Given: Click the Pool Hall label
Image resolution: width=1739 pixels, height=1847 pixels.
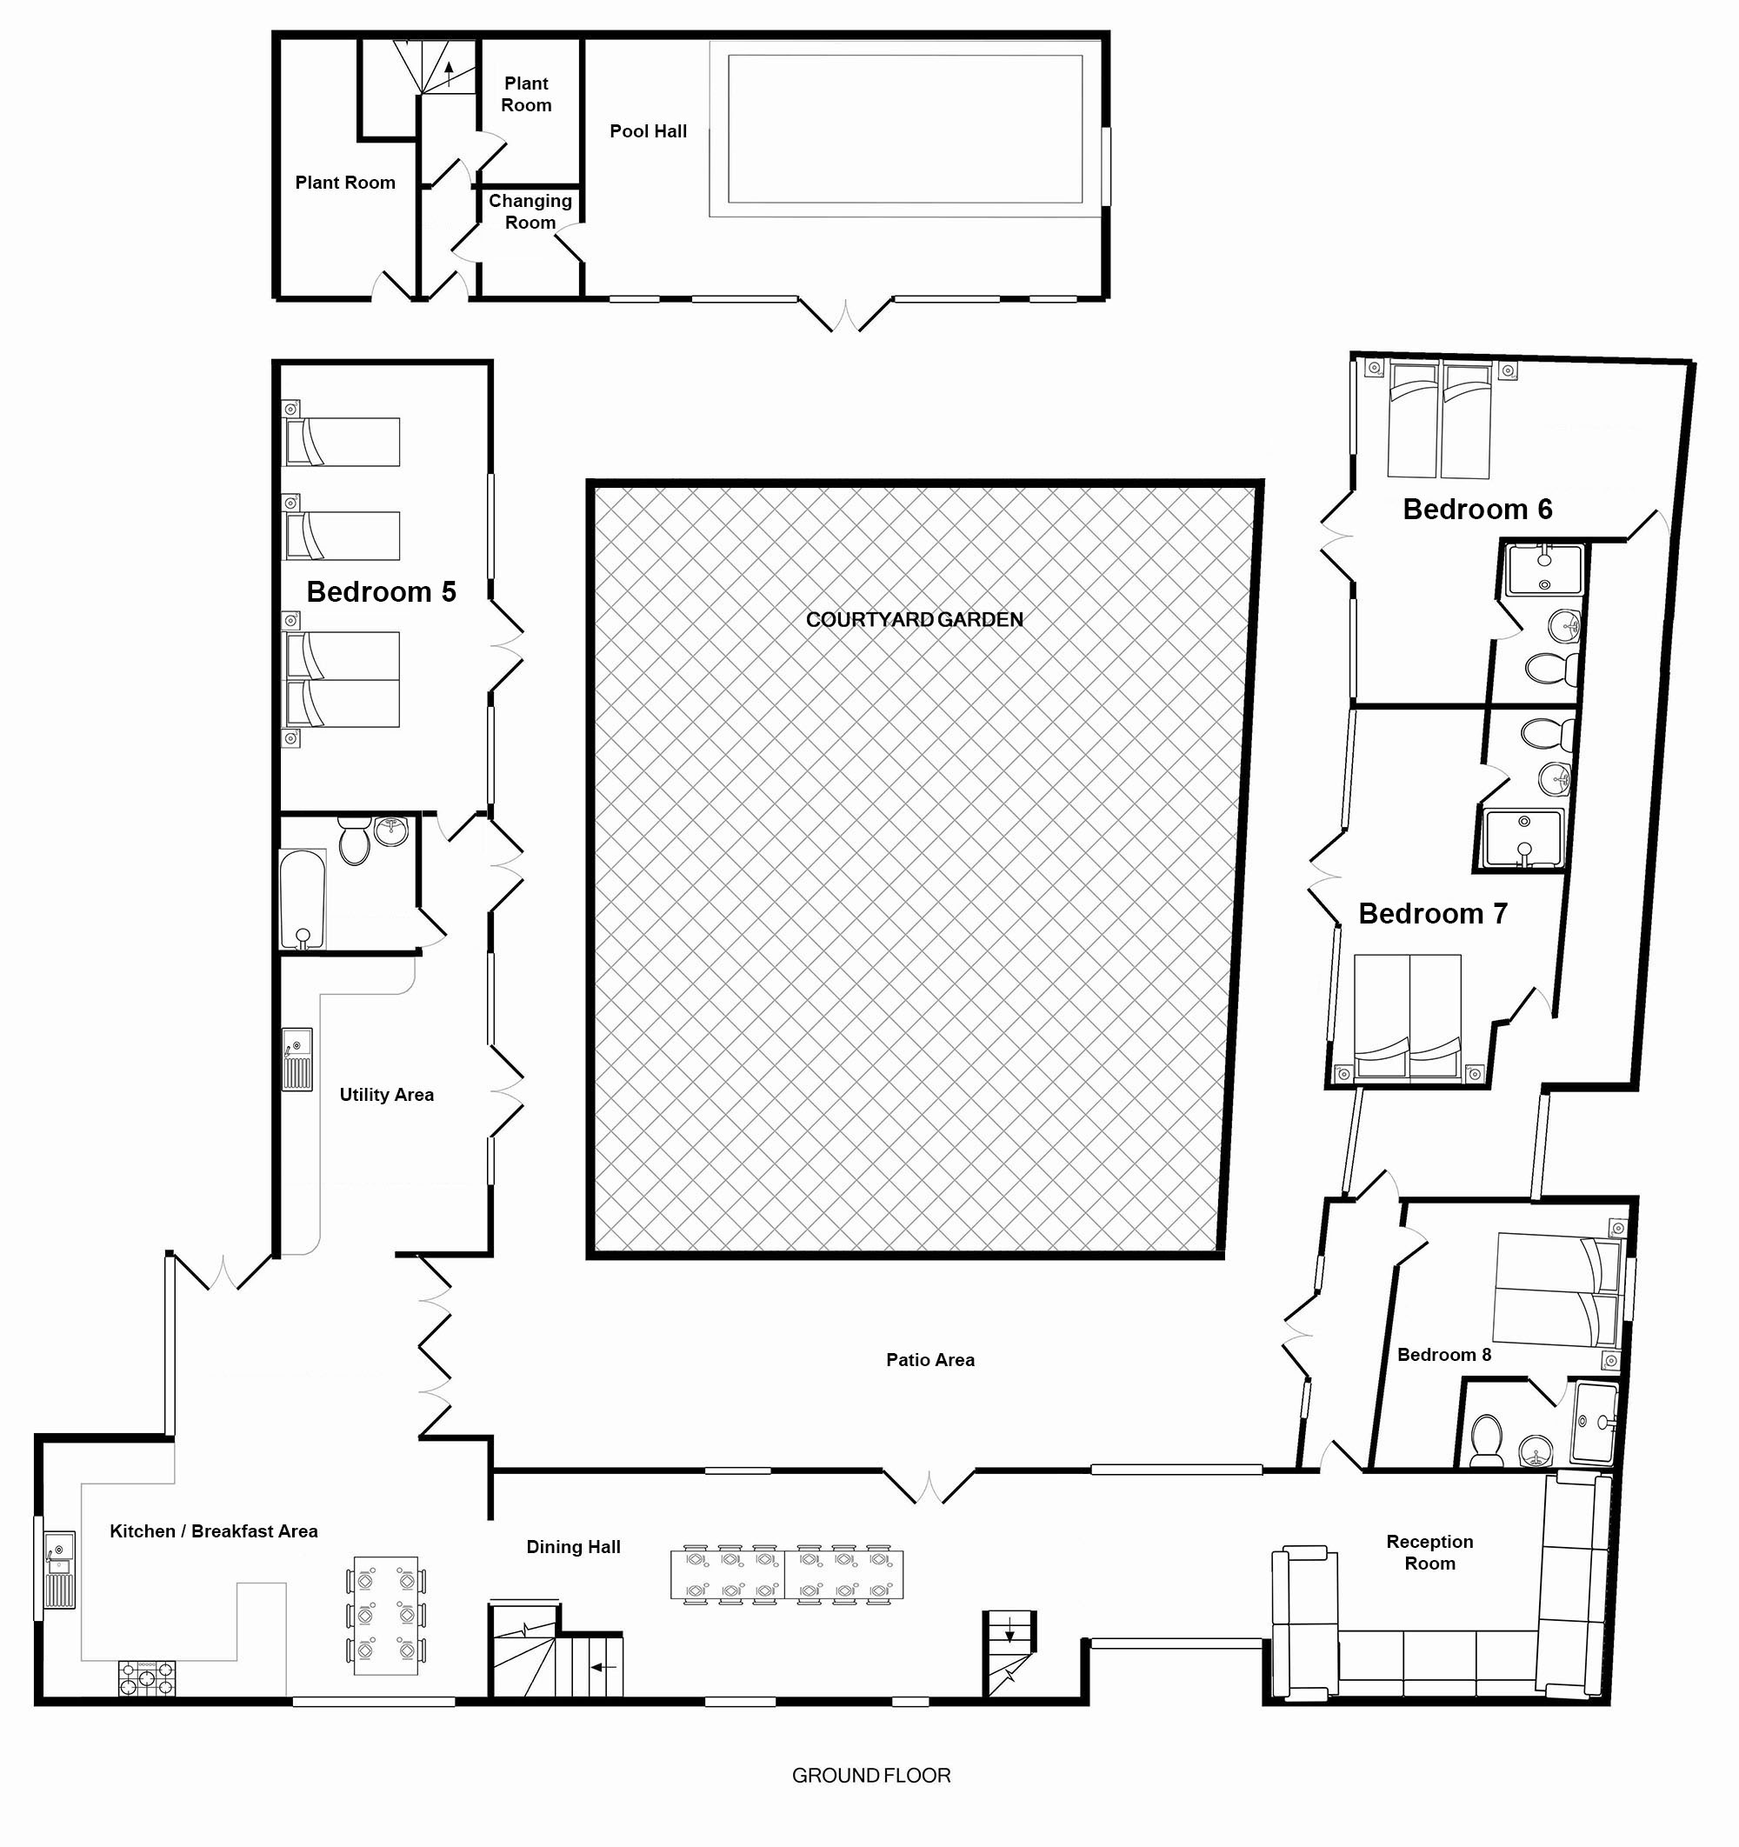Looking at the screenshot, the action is coord(648,132).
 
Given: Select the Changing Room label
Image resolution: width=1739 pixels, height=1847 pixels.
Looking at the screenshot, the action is coord(530,212).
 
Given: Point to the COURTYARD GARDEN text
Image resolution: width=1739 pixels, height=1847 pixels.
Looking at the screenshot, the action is coord(914,620).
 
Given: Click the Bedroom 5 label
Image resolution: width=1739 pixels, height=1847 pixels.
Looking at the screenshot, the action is coord(381,592).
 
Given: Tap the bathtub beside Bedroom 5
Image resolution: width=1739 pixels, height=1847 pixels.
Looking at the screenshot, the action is coord(303,898).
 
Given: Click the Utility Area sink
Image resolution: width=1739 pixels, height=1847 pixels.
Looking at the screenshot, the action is coord(297,1059).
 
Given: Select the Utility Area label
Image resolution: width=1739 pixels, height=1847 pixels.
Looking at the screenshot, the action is coord(386,1095).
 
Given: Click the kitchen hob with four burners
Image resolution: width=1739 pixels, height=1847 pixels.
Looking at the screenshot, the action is coord(147,1679).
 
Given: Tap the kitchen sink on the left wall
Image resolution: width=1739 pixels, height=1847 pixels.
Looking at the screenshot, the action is coord(60,1571).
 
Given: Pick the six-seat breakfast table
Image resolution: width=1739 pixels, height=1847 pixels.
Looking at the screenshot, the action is coord(385,1616).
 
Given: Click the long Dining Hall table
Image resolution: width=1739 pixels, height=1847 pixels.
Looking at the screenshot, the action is coord(787,1575).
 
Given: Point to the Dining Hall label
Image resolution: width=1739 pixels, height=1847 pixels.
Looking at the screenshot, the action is coord(573,1547).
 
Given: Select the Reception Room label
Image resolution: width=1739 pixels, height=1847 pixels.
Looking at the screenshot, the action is coord(1429,1552).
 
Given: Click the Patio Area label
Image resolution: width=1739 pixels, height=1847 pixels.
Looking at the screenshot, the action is coord(929,1360).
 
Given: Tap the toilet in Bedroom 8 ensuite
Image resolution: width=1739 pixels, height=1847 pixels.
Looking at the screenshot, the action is coord(1487,1440).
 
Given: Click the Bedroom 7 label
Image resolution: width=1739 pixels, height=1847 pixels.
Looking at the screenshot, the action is coord(1432,913).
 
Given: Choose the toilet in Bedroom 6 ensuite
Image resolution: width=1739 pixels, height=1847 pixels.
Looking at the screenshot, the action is coord(1551,668).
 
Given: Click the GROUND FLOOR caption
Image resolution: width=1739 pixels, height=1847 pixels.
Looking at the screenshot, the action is coord(871,1776).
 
